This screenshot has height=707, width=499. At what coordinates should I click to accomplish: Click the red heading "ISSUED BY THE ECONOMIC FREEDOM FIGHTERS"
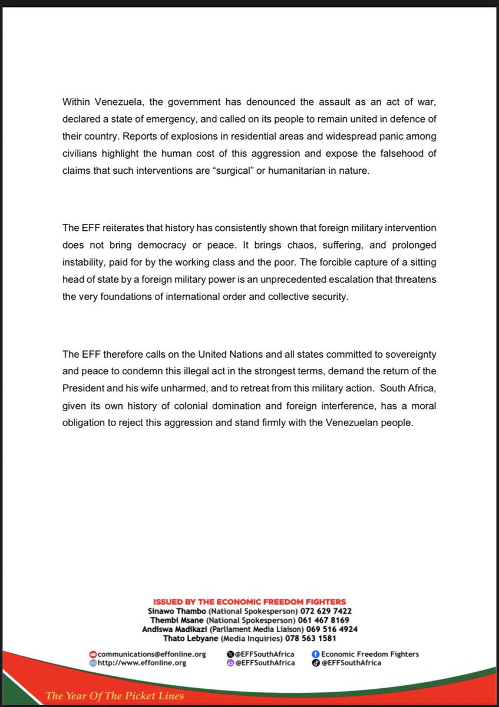pos(250,602)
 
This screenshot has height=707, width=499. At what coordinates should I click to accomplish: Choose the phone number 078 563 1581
pos(311,638)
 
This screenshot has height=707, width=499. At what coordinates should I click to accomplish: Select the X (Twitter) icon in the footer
pos(230,654)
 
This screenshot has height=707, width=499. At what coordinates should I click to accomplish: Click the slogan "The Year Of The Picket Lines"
pos(115,696)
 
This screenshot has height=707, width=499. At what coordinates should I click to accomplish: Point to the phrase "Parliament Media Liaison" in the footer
pos(256,629)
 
